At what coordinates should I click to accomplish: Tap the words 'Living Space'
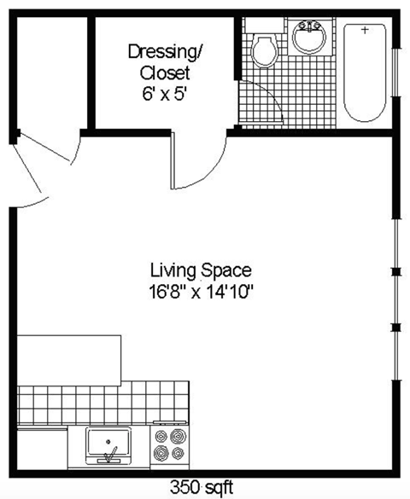pyautogui.click(x=201, y=271)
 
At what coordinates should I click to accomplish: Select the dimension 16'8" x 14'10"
pyautogui.click(x=201, y=292)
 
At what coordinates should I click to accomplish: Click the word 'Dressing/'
pyautogui.click(x=167, y=51)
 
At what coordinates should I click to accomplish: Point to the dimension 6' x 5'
pyautogui.click(x=165, y=94)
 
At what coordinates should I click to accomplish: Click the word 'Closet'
pyautogui.click(x=165, y=73)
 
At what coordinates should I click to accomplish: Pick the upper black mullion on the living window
pyautogui.click(x=395, y=272)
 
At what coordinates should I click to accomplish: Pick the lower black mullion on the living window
pyautogui.click(x=395, y=328)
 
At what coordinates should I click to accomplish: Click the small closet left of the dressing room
pyautogui.click(x=50, y=72)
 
